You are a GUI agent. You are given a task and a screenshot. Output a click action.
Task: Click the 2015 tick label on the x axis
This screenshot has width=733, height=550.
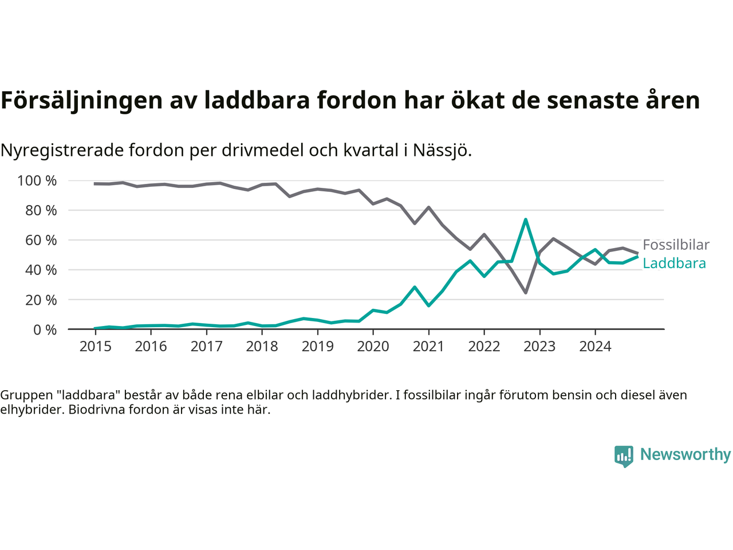coord(95,347)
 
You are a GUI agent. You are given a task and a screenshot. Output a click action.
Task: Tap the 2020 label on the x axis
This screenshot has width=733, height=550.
coord(373,347)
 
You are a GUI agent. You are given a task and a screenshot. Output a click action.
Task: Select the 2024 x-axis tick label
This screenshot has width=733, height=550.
coord(595,347)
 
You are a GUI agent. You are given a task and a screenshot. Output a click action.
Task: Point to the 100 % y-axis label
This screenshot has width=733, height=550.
coord(37,181)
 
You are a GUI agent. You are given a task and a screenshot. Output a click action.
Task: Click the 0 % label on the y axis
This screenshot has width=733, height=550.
coord(45,329)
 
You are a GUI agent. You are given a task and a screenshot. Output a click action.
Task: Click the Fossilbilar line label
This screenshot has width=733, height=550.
coord(676,245)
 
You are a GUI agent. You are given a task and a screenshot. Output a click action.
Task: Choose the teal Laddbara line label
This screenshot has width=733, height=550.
coord(674,264)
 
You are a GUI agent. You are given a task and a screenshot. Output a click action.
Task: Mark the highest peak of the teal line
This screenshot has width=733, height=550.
coord(525,219)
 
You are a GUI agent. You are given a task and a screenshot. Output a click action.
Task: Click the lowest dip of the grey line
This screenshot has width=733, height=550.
coord(525,293)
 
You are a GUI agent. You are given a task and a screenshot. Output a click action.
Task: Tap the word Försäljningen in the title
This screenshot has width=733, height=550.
coord(82,100)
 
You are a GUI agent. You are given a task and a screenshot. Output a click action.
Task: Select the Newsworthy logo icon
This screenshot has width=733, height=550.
coord(624,456)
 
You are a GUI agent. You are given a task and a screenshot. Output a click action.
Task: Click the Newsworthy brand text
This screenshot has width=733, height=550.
coord(685,454)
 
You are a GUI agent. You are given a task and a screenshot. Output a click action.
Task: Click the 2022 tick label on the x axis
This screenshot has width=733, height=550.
coord(484,347)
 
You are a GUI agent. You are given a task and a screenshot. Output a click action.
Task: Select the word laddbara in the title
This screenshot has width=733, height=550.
coord(257,100)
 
